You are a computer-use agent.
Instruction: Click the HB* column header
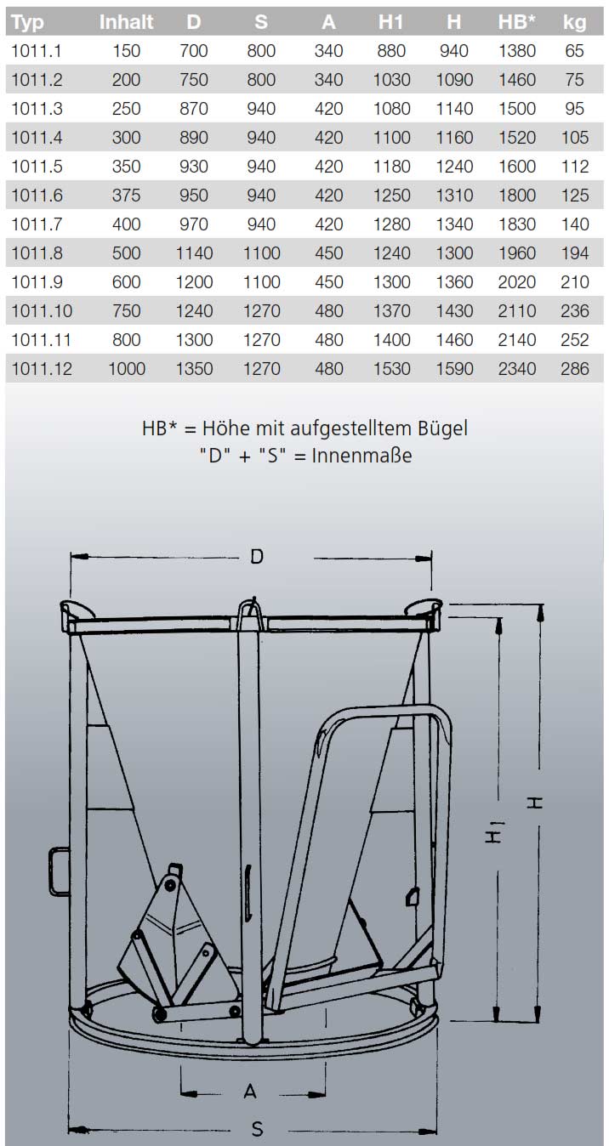click(516, 22)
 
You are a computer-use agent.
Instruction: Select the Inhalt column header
click(126, 22)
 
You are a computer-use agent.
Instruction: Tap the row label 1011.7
click(37, 224)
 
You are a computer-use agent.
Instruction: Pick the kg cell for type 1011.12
click(574, 368)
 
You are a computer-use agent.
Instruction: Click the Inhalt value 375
click(126, 195)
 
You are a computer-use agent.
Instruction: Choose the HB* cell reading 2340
click(516, 368)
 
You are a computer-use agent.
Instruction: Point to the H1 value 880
click(391, 51)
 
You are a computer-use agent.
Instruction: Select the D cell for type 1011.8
click(194, 252)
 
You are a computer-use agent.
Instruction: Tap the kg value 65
click(574, 51)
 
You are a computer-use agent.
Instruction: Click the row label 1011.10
click(42, 310)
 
